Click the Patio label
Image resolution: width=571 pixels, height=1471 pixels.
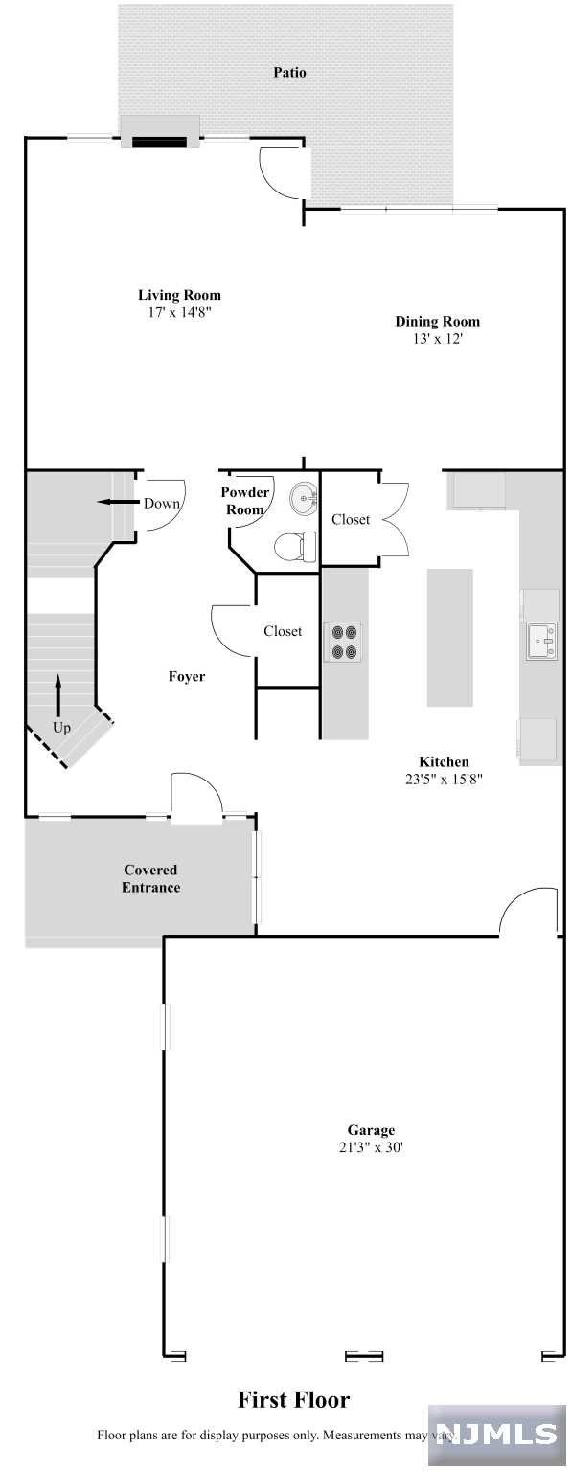pyautogui.click(x=289, y=72)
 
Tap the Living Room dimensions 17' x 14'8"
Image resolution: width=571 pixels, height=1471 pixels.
pyautogui.click(x=179, y=312)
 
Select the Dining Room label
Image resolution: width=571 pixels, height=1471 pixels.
pyautogui.click(x=437, y=321)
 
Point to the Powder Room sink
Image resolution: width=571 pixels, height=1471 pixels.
pyautogui.click(x=304, y=497)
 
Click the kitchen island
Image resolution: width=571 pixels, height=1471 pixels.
pyautogui.click(x=450, y=638)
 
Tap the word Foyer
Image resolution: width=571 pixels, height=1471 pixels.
pyautogui.click(x=187, y=676)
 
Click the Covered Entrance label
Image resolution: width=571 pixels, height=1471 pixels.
pyautogui.click(x=151, y=878)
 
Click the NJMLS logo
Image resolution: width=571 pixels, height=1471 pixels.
pyautogui.click(x=496, y=1435)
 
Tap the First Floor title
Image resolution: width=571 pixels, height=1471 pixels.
pyautogui.click(x=293, y=1399)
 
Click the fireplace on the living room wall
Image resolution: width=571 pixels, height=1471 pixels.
pyautogui.click(x=160, y=142)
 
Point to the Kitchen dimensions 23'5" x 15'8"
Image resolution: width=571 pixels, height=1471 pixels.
pyautogui.click(x=445, y=780)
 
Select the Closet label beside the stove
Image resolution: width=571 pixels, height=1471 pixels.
pyautogui.click(x=283, y=631)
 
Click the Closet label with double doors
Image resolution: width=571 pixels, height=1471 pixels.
pyautogui.click(x=351, y=519)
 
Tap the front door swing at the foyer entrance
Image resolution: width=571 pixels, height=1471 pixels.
pyautogui.click(x=197, y=796)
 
